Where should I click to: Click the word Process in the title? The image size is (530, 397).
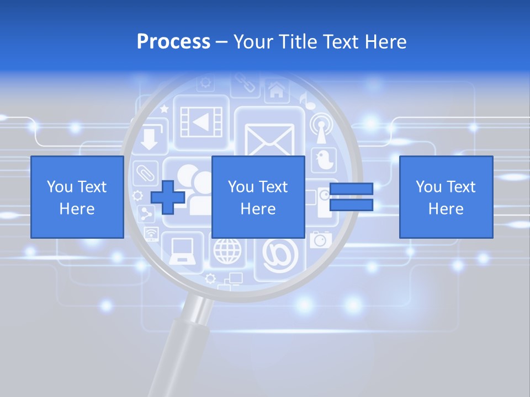pyautogui.click(x=173, y=42)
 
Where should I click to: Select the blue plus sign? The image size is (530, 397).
pyautogui.click(x=167, y=197)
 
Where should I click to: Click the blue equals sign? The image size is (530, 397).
pyautogui.click(x=351, y=197)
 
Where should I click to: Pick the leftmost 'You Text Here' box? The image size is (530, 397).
pyautogui.click(x=77, y=197)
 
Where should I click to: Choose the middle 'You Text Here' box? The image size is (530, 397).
pyautogui.click(x=258, y=197)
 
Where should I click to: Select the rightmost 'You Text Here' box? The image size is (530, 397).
pyautogui.click(x=446, y=197)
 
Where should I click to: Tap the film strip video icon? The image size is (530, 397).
pyautogui.click(x=202, y=122)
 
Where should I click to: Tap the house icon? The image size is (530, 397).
pyautogui.click(x=276, y=90)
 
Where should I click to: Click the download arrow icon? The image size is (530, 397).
pyautogui.click(x=149, y=139)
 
